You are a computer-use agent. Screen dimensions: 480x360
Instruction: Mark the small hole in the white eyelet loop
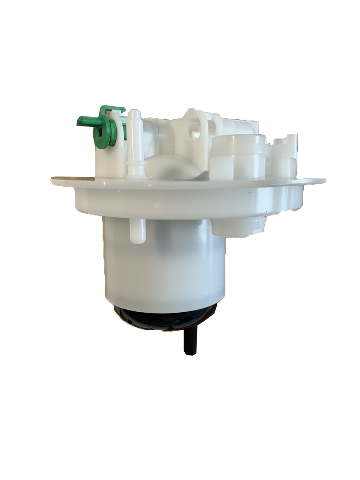click(195, 134)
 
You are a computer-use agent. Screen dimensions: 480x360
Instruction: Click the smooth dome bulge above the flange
click(173, 166)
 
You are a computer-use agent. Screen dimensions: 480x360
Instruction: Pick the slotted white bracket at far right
click(286, 155)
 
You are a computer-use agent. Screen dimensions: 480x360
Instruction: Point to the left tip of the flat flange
click(53, 181)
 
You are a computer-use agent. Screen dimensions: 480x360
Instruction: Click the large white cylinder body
click(164, 265)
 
